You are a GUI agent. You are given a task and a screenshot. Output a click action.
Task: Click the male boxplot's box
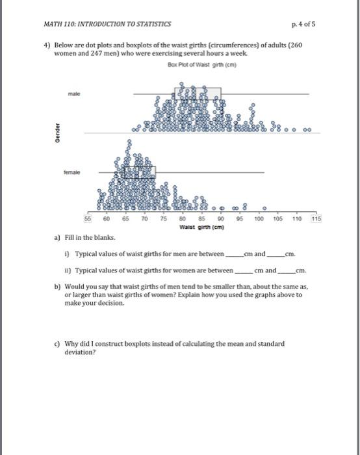pyautogui.click(x=198, y=94)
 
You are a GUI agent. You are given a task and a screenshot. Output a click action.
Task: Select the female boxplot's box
pyautogui.click(x=139, y=172)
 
